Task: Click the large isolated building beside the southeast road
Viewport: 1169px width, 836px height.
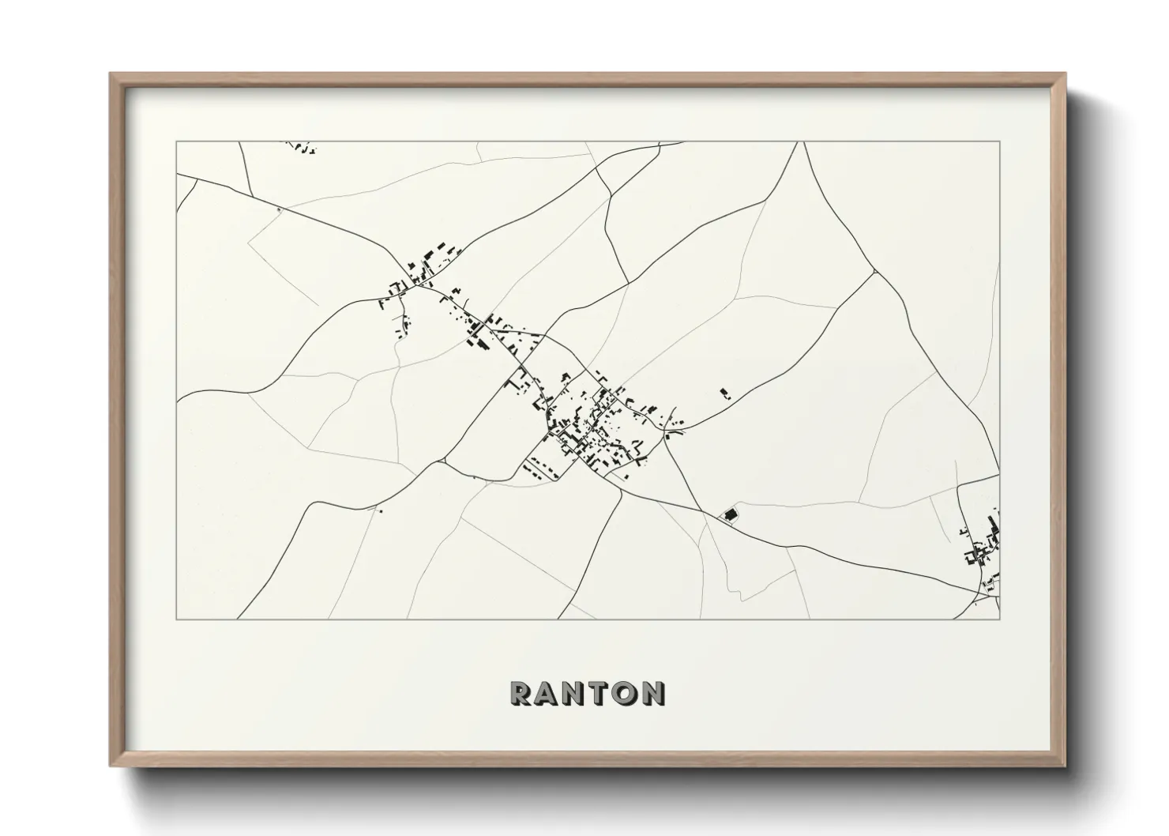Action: (x=731, y=514)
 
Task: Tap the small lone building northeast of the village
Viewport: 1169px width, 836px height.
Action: (x=724, y=393)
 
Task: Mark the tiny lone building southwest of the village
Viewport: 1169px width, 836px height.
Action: (x=381, y=511)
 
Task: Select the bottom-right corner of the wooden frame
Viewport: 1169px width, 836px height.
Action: (x=1066, y=766)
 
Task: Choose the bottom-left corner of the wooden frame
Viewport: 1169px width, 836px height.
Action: (x=111, y=766)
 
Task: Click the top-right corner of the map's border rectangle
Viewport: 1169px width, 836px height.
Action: (x=1000, y=141)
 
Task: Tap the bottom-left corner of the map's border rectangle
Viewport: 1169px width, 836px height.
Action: (x=177, y=619)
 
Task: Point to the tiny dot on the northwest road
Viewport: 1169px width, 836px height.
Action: (x=279, y=209)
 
